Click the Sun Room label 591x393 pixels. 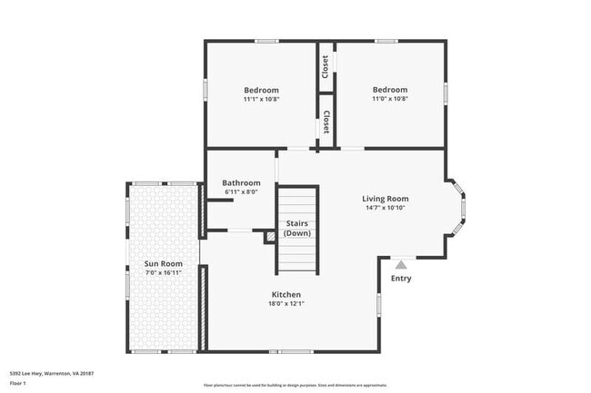pos(163,264)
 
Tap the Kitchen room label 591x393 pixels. pos(285,294)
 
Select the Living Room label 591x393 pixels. pos(385,199)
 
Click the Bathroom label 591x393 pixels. pos(242,182)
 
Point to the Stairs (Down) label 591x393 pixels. pos(297,228)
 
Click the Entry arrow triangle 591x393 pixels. pos(400,263)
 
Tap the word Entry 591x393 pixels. pos(401,279)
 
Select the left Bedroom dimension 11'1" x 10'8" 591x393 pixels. pos(261,100)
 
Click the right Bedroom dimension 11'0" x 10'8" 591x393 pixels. pos(389,99)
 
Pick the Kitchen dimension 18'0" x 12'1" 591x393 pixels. pos(285,304)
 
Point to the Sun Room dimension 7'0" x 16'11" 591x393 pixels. pos(163,273)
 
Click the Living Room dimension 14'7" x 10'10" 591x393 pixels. pos(385,209)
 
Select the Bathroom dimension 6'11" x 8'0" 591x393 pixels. pos(242,192)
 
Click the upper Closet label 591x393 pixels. pos(326,66)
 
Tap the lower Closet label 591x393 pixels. pos(326,122)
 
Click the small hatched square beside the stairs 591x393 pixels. pos(270,237)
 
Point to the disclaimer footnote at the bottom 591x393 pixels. pos(295,384)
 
